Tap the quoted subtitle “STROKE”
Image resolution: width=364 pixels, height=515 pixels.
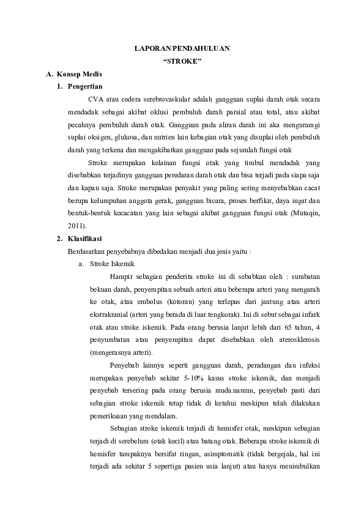[182, 61]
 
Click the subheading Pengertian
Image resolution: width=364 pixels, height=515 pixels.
[86, 87]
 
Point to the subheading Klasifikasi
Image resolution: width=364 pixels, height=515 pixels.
[85, 238]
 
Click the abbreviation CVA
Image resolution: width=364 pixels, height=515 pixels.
[95, 100]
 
